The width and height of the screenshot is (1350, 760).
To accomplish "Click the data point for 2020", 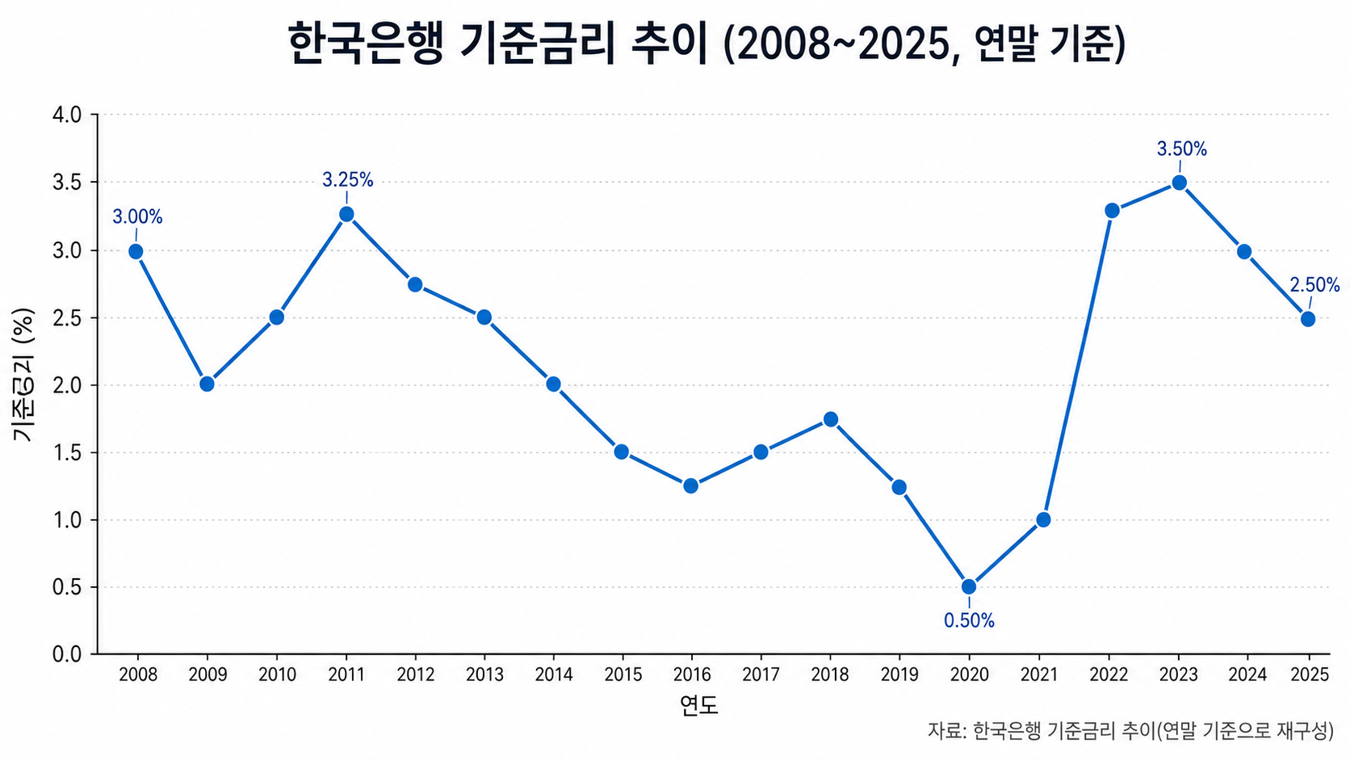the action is click(969, 586).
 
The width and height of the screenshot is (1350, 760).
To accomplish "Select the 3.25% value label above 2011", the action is click(348, 179).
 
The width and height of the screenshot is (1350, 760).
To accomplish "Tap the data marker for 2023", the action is click(1180, 183).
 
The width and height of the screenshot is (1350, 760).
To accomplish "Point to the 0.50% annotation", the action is click(969, 620).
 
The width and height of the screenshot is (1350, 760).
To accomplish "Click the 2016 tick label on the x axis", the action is click(691, 674).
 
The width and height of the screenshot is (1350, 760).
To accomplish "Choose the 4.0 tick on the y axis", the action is click(67, 115).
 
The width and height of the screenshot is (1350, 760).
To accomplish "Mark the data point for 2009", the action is click(207, 384).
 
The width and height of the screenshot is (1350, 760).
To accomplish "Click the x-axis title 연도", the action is click(699, 705).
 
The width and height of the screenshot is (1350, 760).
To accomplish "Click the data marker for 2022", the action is click(1112, 210).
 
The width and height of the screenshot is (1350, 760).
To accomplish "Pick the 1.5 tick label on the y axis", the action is click(67, 452).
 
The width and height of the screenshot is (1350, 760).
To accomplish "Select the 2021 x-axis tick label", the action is click(1039, 674).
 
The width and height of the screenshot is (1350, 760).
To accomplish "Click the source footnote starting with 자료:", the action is click(1130, 731).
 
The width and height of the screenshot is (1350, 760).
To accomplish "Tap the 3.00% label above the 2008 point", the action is click(137, 217).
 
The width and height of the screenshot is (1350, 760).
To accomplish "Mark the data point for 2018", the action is click(831, 419).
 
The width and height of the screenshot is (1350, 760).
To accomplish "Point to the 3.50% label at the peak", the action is click(1182, 149).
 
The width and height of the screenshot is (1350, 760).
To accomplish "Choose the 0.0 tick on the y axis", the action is click(67, 654).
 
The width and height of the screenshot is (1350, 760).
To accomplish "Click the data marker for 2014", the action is click(553, 384).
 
